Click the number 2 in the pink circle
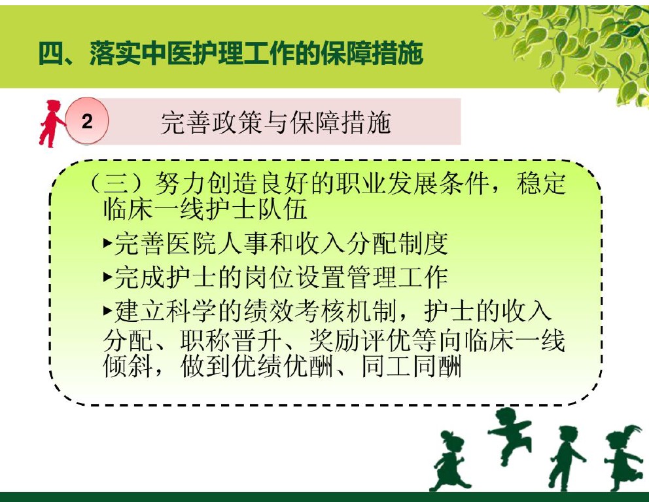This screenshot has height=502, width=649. point(87,121)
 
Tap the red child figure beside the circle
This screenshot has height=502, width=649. point(51,124)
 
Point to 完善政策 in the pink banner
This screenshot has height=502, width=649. point(211,122)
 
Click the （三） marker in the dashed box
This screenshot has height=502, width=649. point(118,183)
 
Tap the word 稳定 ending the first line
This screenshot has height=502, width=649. point(540,183)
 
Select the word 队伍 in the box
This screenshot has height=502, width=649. point(282,208)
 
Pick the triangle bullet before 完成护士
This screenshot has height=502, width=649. point(108,276)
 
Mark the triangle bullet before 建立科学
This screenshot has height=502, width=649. point(108,310)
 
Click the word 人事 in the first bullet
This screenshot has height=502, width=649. point(243,243)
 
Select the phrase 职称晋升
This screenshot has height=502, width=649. point(230,340)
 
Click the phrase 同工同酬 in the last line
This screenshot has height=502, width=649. point(411,366)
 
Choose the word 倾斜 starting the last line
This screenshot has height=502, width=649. point(128,366)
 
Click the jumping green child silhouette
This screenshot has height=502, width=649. point(510,434)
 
